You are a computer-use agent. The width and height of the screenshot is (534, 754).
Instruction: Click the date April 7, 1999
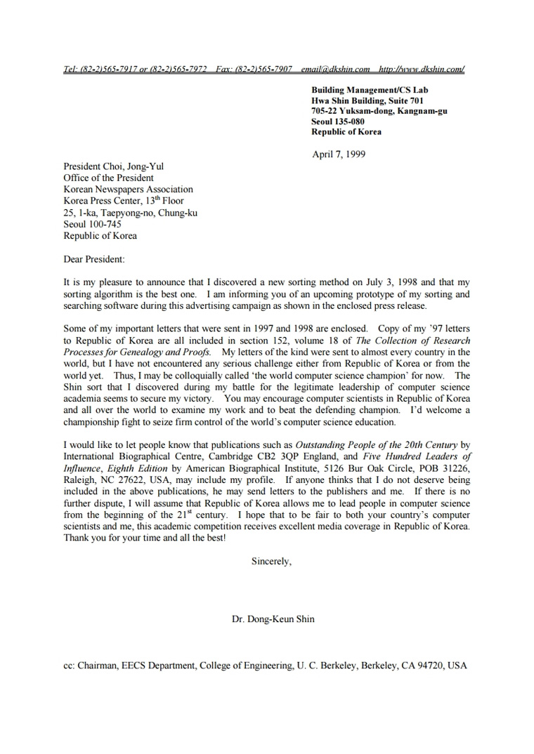coord(339,154)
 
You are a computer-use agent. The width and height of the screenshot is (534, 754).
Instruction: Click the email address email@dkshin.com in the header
coord(335,69)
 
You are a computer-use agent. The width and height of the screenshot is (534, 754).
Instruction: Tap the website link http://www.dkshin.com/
coord(422,69)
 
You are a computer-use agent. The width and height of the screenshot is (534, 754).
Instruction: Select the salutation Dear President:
coord(94,259)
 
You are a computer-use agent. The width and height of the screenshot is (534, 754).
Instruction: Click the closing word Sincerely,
coord(271,561)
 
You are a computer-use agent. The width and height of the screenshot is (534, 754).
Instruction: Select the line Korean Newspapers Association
coord(128,190)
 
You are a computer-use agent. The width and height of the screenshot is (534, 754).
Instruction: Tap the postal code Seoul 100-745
coord(92,224)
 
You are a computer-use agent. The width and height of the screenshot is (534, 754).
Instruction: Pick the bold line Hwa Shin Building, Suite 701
coord(367,100)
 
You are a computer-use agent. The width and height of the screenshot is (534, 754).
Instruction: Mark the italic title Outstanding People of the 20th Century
coord(377,445)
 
